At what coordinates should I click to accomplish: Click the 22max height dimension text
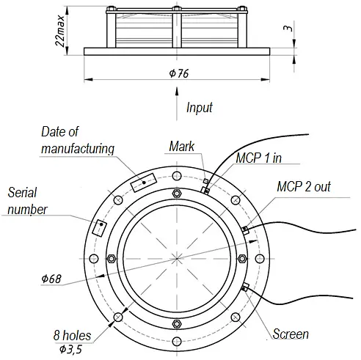(60, 31)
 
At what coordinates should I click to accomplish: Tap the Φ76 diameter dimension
(179, 73)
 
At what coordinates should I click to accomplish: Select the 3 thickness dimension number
(288, 29)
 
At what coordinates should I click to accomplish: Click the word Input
(200, 108)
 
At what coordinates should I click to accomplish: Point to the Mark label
(182, 147)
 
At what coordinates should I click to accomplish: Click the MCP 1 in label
(258, 158)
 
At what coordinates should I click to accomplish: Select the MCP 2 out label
(304, 187)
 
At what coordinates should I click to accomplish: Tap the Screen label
(291, 334)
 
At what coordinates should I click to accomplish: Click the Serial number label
(27, 201)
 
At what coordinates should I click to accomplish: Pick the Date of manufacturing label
(78, 140)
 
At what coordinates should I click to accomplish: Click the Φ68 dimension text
(51, 279)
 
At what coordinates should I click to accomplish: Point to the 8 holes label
(72, 335)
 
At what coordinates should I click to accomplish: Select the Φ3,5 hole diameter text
(70, 350)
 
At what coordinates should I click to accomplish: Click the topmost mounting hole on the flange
(177, 176)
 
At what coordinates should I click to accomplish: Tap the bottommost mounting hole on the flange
(177, 342)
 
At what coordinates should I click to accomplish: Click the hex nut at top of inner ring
(177, 194)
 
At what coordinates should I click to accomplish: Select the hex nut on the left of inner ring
(112, 259)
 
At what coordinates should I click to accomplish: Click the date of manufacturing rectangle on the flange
(144, 183)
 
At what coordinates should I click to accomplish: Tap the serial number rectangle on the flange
(99, 228)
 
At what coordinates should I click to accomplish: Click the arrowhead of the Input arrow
(177, 91)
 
